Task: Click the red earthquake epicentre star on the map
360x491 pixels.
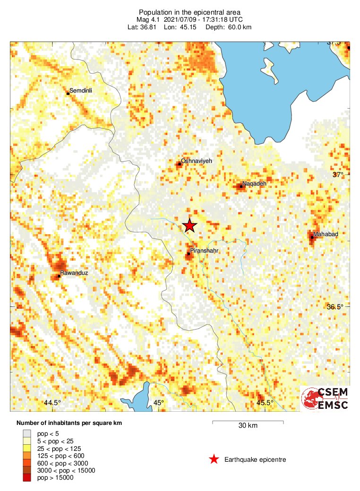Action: click(189, 226)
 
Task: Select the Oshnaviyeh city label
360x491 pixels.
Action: click(197, 161)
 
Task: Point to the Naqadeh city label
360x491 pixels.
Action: click(254, 183)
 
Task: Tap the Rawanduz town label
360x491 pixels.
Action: click(74, 273)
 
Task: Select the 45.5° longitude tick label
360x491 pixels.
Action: click(265, 403)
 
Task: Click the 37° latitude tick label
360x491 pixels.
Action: click(338, 175)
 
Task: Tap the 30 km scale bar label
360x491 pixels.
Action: click(248, 426)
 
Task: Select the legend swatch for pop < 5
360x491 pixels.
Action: click(27, 433)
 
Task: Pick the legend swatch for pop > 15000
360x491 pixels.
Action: click(27, 478)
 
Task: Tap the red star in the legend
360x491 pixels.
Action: click(214, 459)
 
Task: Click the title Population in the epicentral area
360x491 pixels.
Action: click(189, 12)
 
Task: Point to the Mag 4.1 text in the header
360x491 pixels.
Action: click(150, 20)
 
